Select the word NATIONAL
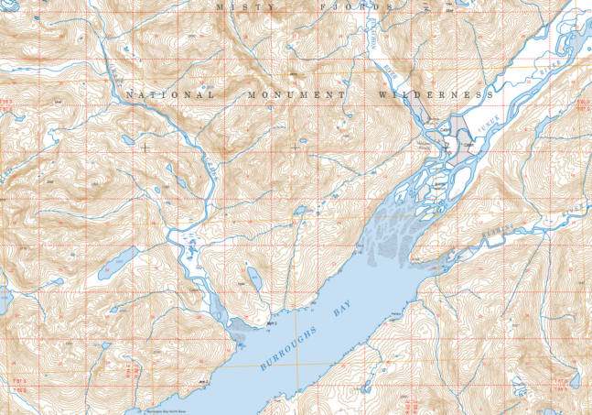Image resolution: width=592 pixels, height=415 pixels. (x=169, y=94)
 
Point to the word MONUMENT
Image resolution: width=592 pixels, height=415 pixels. (x=296, y=94)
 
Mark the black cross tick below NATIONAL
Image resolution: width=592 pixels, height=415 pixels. (x=145, y=146)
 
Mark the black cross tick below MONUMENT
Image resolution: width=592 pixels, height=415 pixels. (x=296, y=146)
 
